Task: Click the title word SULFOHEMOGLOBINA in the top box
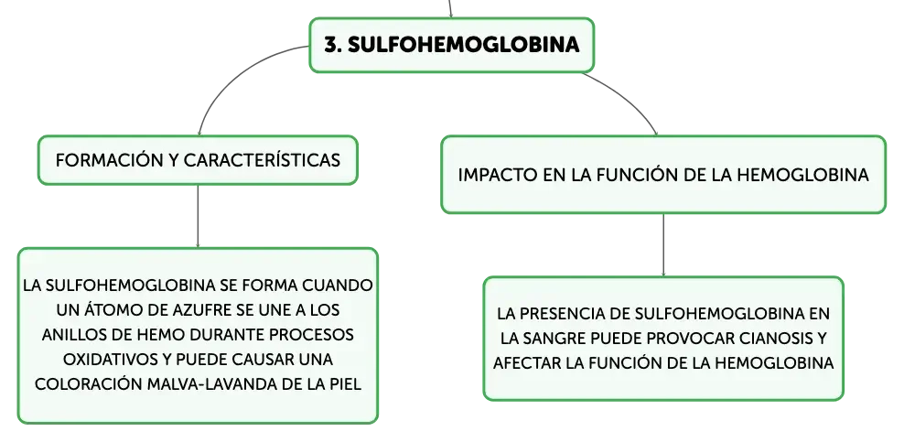tap(464, 44)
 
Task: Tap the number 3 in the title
tap(329, 44)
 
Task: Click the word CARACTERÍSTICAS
tap(262, 159)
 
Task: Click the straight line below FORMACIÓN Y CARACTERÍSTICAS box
tap(198, 216)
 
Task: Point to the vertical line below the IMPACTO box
tap(663, 245)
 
